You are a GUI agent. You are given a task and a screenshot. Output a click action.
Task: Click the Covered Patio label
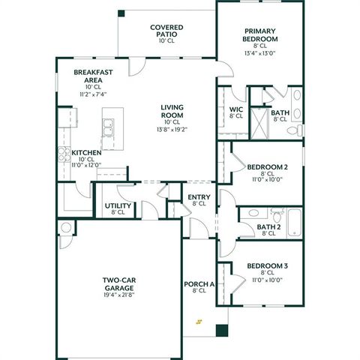point(166,30)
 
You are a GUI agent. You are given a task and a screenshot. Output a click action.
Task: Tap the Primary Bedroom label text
point(260,34)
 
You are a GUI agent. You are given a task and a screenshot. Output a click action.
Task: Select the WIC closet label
point(235,111)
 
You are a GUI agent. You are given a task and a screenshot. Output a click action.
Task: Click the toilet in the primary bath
point(296,130)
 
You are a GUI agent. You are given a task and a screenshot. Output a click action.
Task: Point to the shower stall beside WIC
point(259,122)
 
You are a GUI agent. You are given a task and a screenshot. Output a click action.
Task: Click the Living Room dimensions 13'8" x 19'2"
point(171,129)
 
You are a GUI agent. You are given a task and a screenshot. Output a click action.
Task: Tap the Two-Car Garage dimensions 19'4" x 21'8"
point(118,293)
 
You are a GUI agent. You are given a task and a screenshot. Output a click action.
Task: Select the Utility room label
point(118,205)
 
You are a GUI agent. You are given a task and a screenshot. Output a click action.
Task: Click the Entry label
point(199,198)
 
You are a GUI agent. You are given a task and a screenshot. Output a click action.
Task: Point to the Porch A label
point(199,285)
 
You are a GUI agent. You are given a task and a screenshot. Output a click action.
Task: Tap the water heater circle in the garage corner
point(65,228)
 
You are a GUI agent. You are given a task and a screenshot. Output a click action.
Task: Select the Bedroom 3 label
point(267,266)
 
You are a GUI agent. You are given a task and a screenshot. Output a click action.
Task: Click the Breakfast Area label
point(93,76)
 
